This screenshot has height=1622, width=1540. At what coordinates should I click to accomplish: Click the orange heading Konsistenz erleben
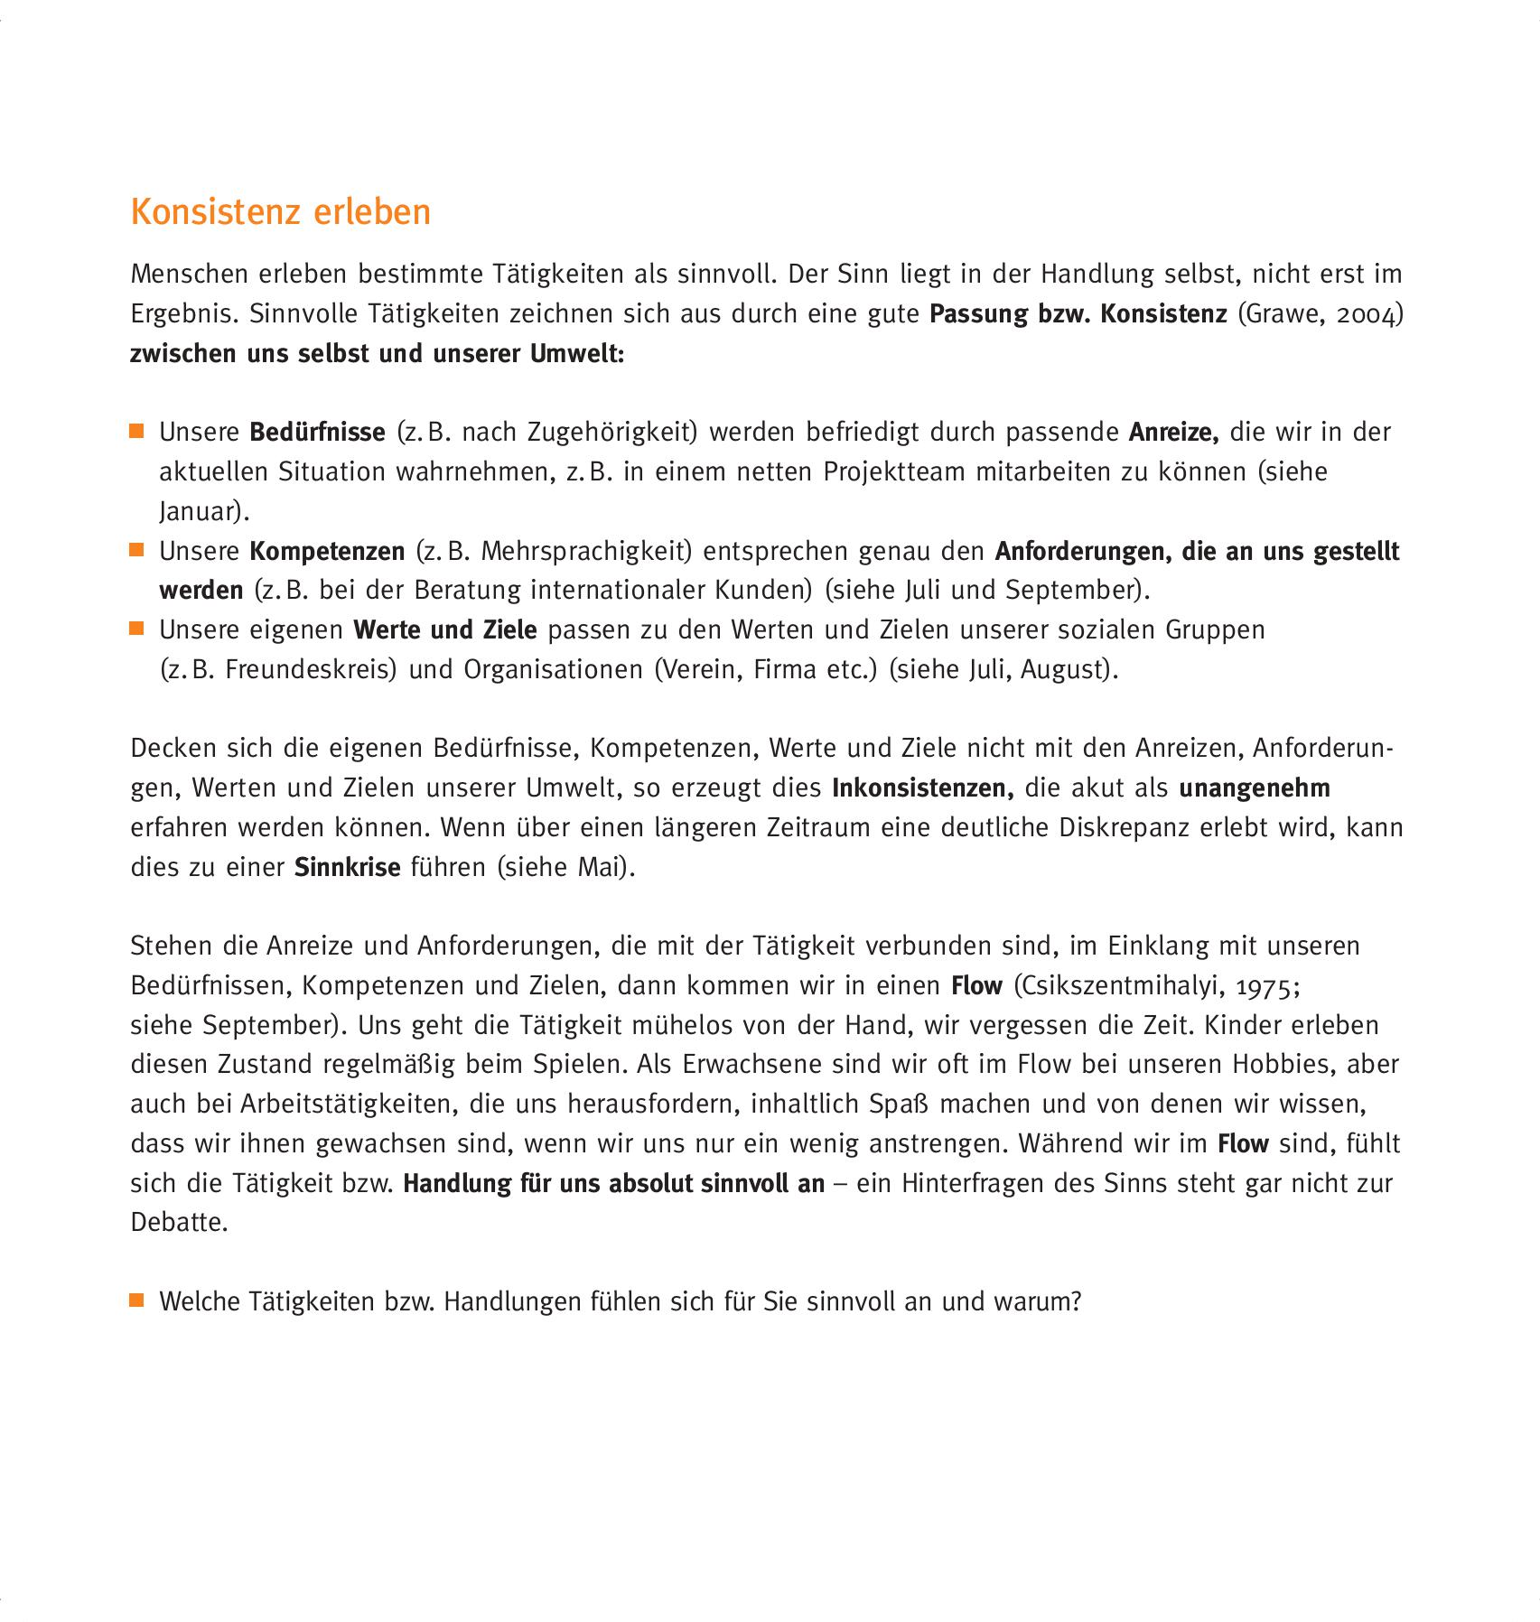(281, 212)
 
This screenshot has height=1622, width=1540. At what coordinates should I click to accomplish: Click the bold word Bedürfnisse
(317, 433)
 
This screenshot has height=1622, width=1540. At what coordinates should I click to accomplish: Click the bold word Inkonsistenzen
(921, 788)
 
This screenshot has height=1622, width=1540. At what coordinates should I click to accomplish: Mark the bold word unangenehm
(1254, 788)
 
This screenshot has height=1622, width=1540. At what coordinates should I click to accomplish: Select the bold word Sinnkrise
(347, 868)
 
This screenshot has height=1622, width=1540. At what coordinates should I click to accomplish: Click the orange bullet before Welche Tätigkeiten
(137, 1300)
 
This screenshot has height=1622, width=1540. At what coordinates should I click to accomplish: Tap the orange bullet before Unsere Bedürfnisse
(137, 431)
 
